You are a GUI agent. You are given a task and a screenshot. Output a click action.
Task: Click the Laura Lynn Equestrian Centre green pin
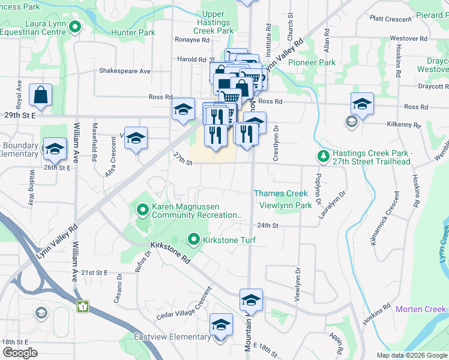tap(75, 26)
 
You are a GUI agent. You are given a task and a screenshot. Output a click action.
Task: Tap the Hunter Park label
tap(133, 32)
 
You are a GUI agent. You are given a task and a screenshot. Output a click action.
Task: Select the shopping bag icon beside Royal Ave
tap(40, 95)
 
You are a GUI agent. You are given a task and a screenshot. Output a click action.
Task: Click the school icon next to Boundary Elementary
tap(55, 149)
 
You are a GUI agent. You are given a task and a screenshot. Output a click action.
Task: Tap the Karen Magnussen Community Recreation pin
tap(143, 210)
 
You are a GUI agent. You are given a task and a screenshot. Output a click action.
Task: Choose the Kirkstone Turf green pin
tap(193, 240)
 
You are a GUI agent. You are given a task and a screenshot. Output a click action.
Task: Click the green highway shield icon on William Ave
tap(83, 307)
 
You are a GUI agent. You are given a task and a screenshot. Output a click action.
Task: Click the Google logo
tap(20, 353)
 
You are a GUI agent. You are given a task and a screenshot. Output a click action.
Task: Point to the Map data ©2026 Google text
tap(411, 355)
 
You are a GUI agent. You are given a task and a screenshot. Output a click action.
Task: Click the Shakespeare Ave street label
tap(125, 71)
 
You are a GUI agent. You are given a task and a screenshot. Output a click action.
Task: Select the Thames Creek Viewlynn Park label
tap(285, 199)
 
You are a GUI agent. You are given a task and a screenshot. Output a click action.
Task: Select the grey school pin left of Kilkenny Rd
tap(351, 122)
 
